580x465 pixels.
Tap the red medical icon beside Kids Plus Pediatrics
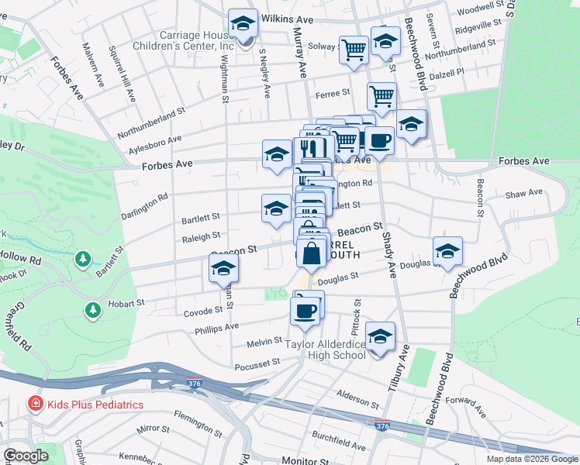[35, 405]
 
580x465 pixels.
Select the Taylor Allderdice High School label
[326, 350]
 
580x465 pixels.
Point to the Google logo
[26, 456]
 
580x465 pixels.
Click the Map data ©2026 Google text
[533, 459]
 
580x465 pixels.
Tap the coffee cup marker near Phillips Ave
[305, 311]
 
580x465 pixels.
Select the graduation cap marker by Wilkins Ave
[243, 24]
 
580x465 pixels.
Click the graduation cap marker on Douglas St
[447, 252]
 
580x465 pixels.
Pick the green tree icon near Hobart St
[93, 311]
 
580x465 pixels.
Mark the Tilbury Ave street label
[403, 363]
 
